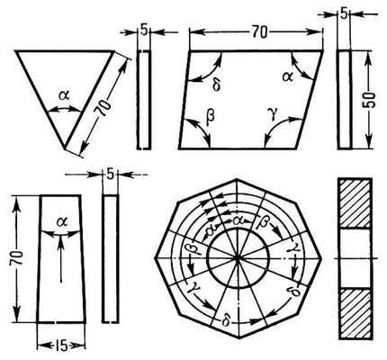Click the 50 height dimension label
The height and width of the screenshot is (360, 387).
pos(369,100)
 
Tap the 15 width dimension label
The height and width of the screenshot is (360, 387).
pos(61,346)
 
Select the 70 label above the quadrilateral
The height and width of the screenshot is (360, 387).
pos(259,32)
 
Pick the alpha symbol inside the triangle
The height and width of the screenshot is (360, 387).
pos(64,95)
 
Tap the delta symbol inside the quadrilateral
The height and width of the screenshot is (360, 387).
pos(216,85)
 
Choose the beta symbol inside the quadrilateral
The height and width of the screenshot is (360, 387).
pos(211,115)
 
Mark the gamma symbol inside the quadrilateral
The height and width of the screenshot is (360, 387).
pos(273,115)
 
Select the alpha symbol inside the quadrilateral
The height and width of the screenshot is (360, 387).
pos(287,77)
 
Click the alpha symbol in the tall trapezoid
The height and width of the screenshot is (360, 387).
pos(63,222)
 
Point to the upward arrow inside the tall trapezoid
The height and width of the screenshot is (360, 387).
pos(61,258)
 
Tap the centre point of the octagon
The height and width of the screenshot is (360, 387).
pos(238,258)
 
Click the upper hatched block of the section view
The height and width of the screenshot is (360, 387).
pos(355,203)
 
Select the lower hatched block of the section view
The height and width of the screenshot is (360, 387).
pos(355,313)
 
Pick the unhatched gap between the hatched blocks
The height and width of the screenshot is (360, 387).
pos(355,258)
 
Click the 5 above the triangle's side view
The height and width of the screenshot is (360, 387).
pos(144,31)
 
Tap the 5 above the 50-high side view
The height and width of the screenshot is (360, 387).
pos(344,13)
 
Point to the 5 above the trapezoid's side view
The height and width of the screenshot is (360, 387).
pos(111,175)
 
